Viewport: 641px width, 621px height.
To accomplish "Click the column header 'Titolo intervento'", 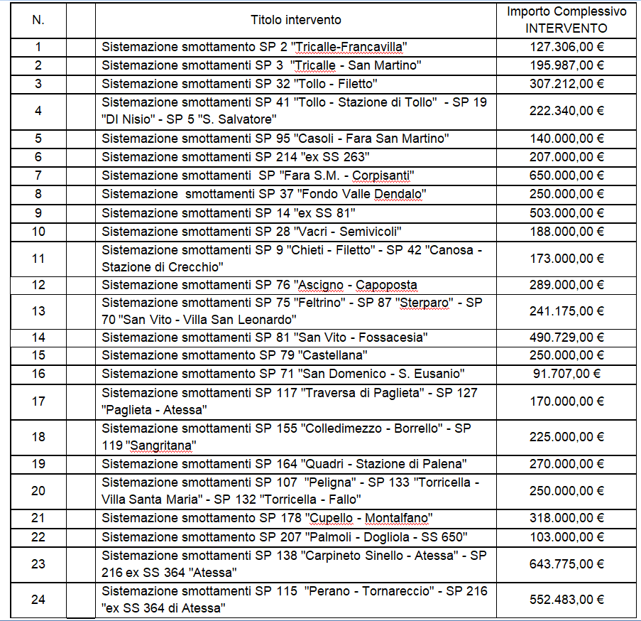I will tap(295, 20).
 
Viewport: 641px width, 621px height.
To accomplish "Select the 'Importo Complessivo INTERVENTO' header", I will tap(566, 20).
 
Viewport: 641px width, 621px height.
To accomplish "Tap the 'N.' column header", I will tap(38, 20).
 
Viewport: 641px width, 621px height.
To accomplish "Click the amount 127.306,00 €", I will tap(566, 48).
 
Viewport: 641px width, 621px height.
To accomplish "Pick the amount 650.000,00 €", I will tap(566, 175).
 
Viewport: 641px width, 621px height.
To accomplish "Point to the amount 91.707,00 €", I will tap(566, 374).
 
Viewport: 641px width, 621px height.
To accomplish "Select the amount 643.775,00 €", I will tap(566, 564).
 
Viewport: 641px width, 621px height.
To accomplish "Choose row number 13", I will tap(38, 311).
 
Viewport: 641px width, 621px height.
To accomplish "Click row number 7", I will tap(38, 175).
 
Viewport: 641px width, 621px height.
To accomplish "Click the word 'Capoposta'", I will tap(386, 286).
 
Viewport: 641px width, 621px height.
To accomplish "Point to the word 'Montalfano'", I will tap(399, 518).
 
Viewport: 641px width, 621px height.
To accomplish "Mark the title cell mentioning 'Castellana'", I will tap(235, 355).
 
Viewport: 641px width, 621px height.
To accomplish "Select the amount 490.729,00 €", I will tap(566, 337).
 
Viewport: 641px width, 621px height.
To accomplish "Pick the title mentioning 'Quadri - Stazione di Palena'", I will tap(284, 465).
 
